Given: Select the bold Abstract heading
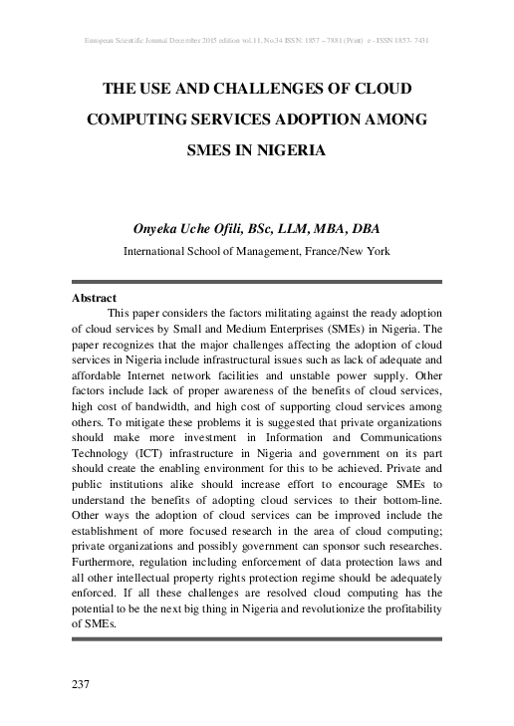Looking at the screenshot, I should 95,298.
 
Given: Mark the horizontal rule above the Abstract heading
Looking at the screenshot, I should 256,282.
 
